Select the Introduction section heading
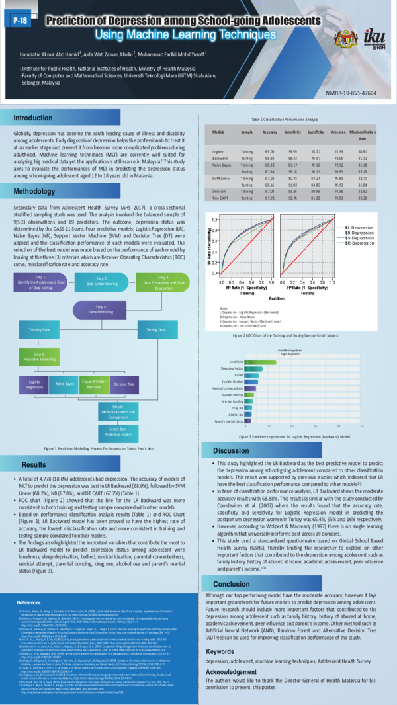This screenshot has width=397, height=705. (34, 118)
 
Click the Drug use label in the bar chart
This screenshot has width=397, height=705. (237, 407)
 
